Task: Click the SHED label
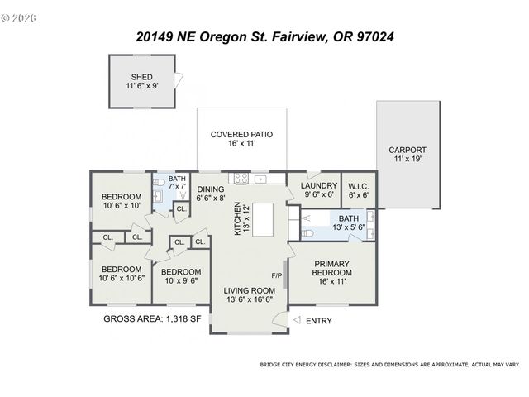point(141,77)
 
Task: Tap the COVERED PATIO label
point(241,134)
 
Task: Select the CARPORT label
point(407,151)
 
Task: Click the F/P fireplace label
point(276,275)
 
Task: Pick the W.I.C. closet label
point(359,186)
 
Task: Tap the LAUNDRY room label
point(318,186)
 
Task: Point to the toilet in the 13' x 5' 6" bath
point(307,234)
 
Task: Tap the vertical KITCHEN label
point(237,218)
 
